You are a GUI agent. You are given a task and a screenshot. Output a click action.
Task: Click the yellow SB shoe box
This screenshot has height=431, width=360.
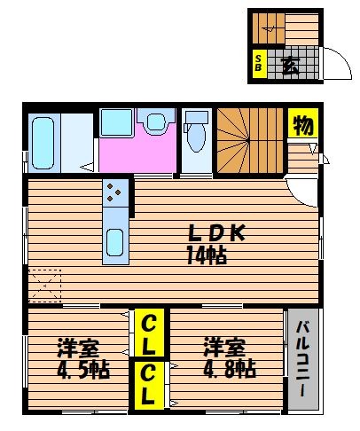258,64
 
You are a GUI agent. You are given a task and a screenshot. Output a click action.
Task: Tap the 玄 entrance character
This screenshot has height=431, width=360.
290,65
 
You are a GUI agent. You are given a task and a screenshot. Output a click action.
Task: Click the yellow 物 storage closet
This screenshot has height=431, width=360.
303,123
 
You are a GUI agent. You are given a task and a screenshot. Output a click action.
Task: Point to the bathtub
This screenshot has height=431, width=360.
43,143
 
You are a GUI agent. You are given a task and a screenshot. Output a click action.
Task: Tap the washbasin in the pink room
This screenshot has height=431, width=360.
156,121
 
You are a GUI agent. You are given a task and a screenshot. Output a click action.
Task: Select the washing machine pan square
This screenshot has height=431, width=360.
116,122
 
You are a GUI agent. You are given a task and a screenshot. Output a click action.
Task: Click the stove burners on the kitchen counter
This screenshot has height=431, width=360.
113,192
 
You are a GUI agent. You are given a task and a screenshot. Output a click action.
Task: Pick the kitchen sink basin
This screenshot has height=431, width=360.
115,242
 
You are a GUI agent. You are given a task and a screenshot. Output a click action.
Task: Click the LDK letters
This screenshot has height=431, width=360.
216,233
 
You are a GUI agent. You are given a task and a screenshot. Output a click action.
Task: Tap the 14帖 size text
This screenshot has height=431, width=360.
207,255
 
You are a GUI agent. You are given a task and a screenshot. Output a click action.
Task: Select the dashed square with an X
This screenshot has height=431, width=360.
45,286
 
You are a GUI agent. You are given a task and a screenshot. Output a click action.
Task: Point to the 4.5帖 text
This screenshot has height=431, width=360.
83,370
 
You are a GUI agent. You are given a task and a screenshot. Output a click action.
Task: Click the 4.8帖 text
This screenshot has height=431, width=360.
230,369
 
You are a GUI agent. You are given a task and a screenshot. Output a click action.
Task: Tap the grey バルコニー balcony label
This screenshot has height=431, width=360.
303,358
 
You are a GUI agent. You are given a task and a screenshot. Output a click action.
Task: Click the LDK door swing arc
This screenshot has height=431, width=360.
299,198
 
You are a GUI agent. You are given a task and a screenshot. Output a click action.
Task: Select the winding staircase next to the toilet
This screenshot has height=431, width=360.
250,140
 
